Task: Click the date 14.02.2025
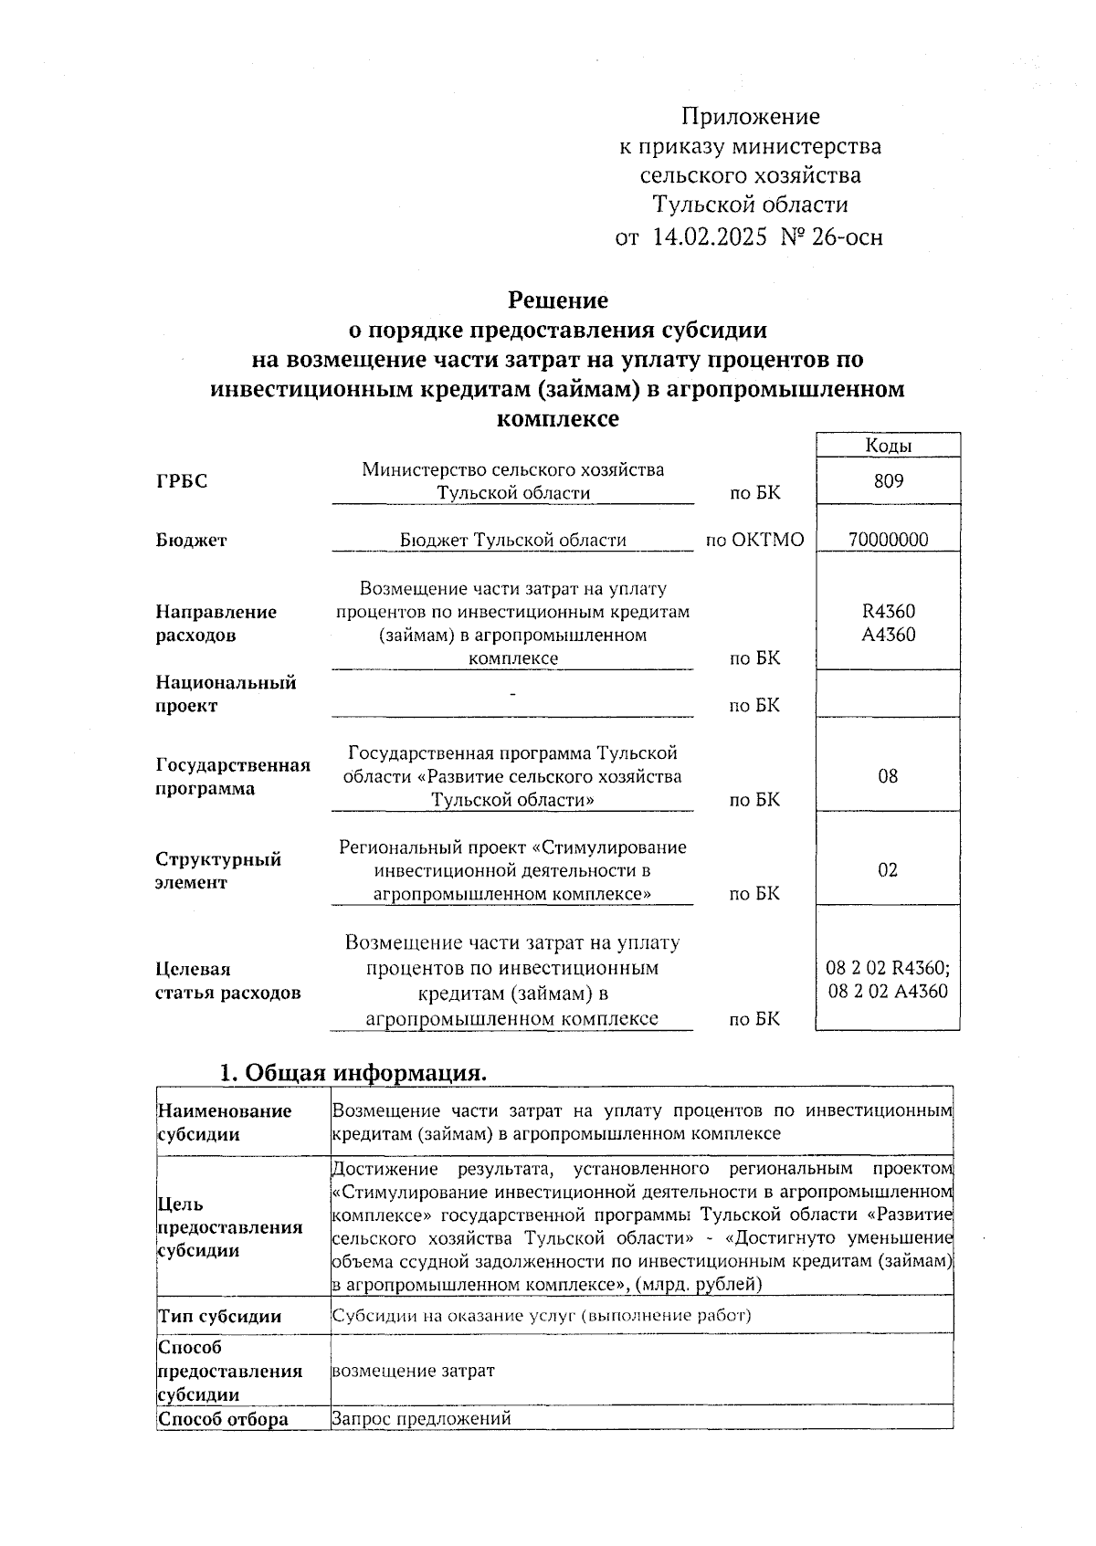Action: [x=709, y=237]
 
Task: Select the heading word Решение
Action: [x=557, y=300]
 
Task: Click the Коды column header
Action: [x=888, y=446]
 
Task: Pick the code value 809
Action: [x=888, y=481]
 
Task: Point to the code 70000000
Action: [x=888, y=540]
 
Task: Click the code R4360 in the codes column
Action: [x=888, y=612]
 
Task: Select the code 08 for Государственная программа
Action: [x=888, y=777]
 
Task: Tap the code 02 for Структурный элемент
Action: [x=888, y=870]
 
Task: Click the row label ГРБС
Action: [x=182, y=482]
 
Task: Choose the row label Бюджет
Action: [x=191, y=541]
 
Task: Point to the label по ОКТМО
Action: [x=754, y=540]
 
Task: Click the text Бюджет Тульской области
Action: [x=512, y=540]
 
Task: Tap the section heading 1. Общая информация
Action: [x=353, y=1073]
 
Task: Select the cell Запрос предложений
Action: [x=421, y=1418]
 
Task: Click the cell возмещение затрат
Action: [x=413, y=1371]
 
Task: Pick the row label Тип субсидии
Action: [x=219, y=1316]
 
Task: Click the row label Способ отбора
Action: [x=223, y=1419]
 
